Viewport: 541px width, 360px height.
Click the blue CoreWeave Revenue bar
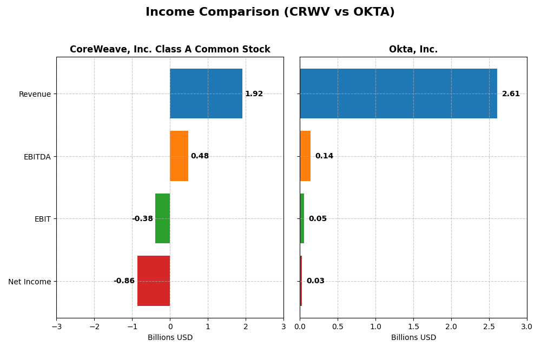(206, 94)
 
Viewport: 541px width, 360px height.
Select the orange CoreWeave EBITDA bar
(179, 156)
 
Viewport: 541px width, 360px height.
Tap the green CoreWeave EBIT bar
(162, 218)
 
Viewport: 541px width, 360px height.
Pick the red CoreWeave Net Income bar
(154, 281)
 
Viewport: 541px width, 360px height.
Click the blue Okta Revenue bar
(398, 94)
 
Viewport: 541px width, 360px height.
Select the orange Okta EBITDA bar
(305, 156)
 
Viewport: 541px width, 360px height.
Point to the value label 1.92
(254, 94)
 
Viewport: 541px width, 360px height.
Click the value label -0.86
(124, 281)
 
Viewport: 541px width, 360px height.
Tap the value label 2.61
(511, 94)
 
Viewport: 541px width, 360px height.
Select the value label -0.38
(142, 219)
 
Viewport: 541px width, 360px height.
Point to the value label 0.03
(315, 281)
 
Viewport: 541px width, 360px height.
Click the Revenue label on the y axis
(35, 95)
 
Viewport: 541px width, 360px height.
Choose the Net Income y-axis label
(29, 282)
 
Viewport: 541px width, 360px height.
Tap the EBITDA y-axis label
(37, 157)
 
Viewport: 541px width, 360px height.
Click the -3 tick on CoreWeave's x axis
(56, 327)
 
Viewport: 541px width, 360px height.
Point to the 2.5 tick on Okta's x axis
(489, 327)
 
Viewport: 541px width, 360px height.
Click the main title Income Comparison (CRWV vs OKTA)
(270, 12)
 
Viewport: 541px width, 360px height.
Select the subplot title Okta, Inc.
(413, 50)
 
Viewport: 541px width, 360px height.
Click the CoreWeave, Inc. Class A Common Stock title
(170, 50)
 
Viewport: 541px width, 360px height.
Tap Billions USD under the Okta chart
(413, 338)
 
